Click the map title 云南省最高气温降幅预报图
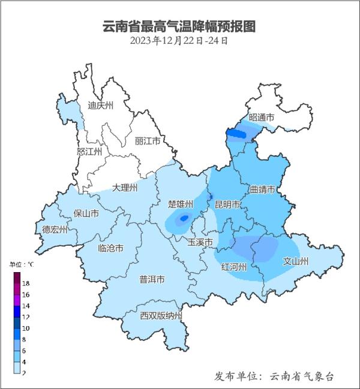pyautogui.click(x=179, y=26)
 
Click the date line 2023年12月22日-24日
pyautogui.click(x=179, y=41)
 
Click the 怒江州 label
pyautogui.click(x=90, y=152)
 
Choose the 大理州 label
pyautogui.click(x=125, y=188)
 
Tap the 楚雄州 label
pyautogui.click(x=181, y=204)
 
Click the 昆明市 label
pyautogui.click(x=228, y=204)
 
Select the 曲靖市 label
pyautogui.click(x=262, y=190)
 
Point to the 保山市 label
pyautogui.click(x=86, y=213)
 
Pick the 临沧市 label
pyautogui.click(x=110, y=248)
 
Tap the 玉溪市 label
pyautogui.click(x=200, y=243)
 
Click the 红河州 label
pyautogui.click(x=233, y=267)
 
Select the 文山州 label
pyautogui.click(x=295, y=261)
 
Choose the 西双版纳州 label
pyautogui.click(x=160, y=316)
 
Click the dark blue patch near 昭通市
pyautogui.click(x=238, y=135)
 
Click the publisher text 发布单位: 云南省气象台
pyautogui.click(x=274, y=376)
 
